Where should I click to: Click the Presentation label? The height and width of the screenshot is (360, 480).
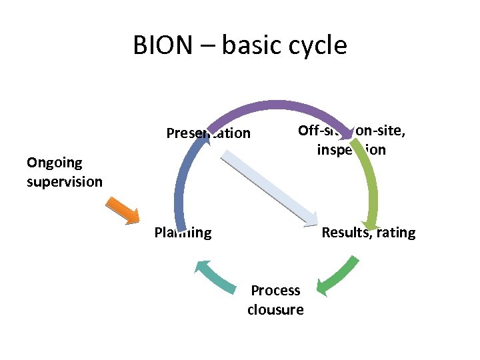tap(208, 133)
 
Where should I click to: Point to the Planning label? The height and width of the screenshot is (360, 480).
tap(183, 233)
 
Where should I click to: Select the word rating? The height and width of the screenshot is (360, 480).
tap(397, 233)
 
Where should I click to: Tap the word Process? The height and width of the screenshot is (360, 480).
tap(275, 291)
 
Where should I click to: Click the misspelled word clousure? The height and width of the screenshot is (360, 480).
tap(275, 309)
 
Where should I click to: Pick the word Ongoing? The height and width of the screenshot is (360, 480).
tap(54, 163)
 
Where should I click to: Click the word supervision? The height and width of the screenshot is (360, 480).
tap(65, 181)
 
